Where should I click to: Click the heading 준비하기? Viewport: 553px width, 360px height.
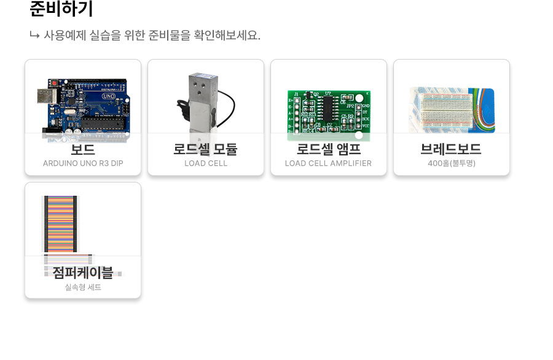coord(61,9)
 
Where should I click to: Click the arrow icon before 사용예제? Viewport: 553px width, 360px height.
coord(34,35)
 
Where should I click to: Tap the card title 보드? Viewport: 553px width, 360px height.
coord(83,149)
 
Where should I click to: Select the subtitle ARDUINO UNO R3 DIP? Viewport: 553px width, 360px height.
coord(83,163)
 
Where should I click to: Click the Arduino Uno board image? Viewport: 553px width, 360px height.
coord(86,108)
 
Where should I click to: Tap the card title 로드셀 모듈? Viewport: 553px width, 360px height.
coord(206,149)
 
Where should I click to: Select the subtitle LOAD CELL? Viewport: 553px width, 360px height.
coord(206,163)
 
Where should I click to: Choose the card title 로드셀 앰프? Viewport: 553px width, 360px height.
coord(329,149)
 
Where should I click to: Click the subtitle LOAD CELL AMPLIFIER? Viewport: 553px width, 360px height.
coord(329,163)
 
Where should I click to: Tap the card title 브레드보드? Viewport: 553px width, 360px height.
coord(452,149)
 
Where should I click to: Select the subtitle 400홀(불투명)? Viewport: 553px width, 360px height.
coord(452,163)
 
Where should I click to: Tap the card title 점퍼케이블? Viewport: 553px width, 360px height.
coord(83,272)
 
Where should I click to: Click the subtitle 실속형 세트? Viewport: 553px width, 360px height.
coord(83,287)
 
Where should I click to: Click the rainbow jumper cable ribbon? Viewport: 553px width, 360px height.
coord(60,224)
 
